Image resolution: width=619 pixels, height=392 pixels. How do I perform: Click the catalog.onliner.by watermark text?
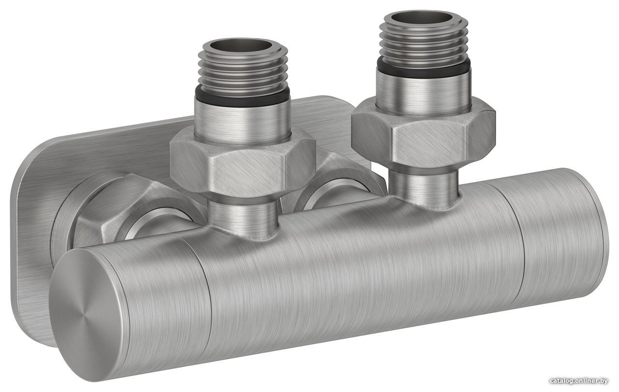[579, 381]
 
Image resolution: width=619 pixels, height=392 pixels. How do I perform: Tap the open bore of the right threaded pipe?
[423, 17]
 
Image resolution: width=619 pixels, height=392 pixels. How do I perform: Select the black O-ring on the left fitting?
[242, 97]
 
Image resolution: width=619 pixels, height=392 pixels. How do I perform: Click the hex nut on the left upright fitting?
[243, 162]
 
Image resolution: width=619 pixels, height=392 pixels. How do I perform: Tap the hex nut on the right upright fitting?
[423, 132]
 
